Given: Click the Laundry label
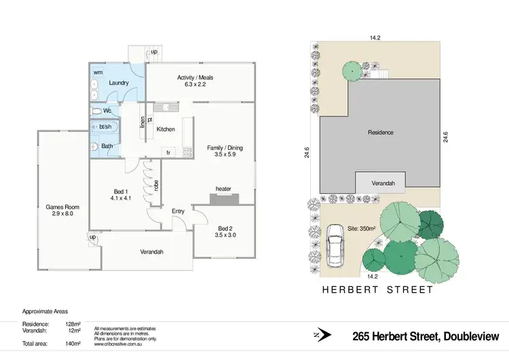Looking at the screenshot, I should coord(119,84).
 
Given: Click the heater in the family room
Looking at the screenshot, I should coord(224,198).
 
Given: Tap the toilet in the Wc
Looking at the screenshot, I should coord(96,111).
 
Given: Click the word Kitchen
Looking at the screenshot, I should coord(166,129).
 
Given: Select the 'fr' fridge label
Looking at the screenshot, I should coord(168,153).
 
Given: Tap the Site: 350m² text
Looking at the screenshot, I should coord(362,229).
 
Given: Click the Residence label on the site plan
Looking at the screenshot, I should coord(381,132).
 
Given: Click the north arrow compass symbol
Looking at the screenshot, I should coord(324,335).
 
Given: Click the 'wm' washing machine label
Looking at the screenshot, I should coord(98,71).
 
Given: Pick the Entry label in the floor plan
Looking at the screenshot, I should coord(178,211).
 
